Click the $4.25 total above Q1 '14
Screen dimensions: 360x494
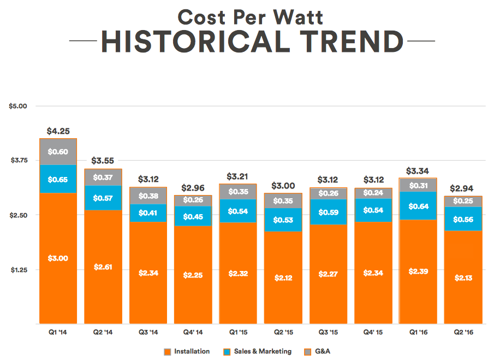coord(58,131)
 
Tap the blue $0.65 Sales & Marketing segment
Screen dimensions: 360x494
coord(58,179)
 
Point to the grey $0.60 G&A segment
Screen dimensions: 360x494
coord(58,152)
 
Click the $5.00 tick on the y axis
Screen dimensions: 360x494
coord(18,105)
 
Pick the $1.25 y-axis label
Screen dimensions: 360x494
coord(18,269)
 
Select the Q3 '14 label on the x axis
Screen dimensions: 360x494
coord(148,332)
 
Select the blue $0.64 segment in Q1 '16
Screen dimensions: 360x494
coord(418,206)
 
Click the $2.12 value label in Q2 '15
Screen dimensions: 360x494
coord(283,278)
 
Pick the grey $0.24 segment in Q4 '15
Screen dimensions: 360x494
coord(373,193)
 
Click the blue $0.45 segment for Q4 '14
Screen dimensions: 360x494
coord(193,216)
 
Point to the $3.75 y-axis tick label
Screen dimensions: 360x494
coord(18,160)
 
